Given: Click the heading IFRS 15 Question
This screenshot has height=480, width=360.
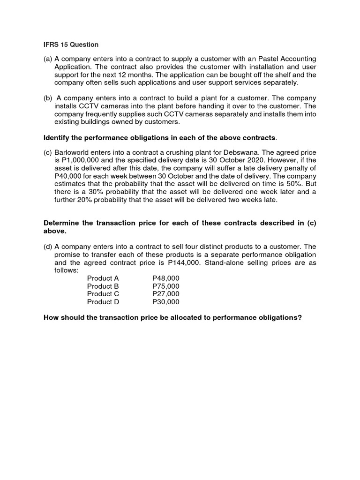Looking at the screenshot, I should point(71,45).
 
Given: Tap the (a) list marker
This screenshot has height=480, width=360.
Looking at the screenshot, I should point(48,59).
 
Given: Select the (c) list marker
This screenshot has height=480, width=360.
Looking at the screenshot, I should point(48,153).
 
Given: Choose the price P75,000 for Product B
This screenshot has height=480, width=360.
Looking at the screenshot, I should point(165,286).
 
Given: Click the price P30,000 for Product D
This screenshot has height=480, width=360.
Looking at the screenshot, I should point(165,302).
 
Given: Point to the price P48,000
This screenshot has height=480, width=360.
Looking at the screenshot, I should point(165,278).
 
